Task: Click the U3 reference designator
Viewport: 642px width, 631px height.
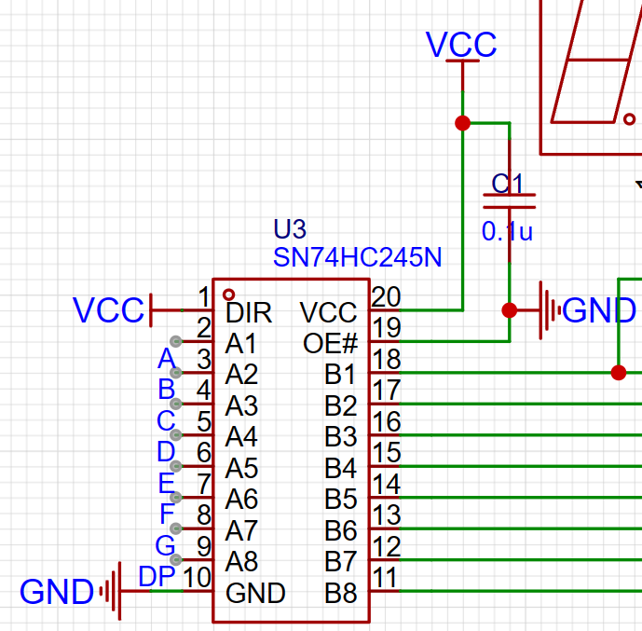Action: point(289,229)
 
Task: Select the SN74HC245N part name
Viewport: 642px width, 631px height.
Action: point(358,257)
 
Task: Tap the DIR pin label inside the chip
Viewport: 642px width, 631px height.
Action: point(249,312)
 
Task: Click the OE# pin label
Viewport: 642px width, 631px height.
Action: point(331,343)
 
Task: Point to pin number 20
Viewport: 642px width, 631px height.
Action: point(386,297)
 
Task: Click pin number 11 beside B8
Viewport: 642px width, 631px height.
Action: point(386,578)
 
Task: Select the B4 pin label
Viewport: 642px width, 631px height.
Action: point(341,468)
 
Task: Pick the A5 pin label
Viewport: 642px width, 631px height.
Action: point(241,468)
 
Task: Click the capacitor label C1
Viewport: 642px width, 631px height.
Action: point(509,183)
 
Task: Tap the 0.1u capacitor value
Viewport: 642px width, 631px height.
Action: point(507,232)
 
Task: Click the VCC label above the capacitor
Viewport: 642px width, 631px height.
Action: point(461,44)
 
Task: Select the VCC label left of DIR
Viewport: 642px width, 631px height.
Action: point(109,310)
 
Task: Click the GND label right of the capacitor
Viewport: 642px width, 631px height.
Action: point(600,310)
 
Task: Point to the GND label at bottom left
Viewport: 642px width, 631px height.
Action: point(57,591)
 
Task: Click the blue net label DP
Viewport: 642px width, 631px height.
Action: point(157,578)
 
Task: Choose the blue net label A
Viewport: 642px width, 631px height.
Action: point(167,359)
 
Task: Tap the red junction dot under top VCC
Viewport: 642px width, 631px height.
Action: point(461,123)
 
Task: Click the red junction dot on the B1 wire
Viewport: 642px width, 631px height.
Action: point(618,373)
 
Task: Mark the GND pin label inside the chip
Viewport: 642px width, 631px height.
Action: point(255,593)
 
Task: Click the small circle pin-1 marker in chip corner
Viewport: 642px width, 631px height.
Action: point(228,294)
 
